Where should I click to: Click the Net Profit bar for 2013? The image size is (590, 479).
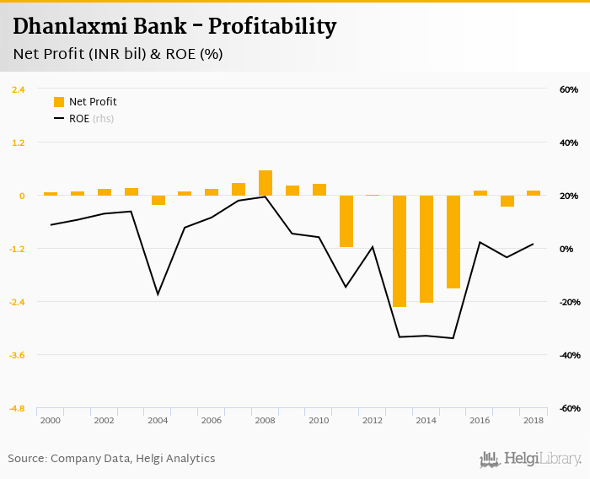point(400,250)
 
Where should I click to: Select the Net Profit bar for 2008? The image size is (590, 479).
point(265,183)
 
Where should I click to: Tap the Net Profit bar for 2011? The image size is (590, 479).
point(346,221)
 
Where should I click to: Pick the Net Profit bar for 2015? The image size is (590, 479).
point(453,242)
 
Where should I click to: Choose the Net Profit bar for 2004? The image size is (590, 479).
point(158,201)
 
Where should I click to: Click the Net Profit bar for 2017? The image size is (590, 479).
point(507,201)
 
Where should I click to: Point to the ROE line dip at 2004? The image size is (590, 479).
point(158,294)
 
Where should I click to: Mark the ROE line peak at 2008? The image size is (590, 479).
point(265,196)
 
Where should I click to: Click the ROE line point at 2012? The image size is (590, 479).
point(373,246)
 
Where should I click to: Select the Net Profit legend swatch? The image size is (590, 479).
point(59,102)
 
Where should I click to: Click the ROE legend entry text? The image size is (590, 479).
point(79,119)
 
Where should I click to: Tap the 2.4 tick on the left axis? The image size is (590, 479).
point(18,89)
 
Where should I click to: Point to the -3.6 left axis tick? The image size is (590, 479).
point(17,355)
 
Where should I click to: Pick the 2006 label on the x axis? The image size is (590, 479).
point(212,420)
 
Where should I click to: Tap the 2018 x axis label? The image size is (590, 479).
point(534,420)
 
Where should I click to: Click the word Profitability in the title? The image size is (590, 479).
point(272,26)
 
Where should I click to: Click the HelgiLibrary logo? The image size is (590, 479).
point(530,459)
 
